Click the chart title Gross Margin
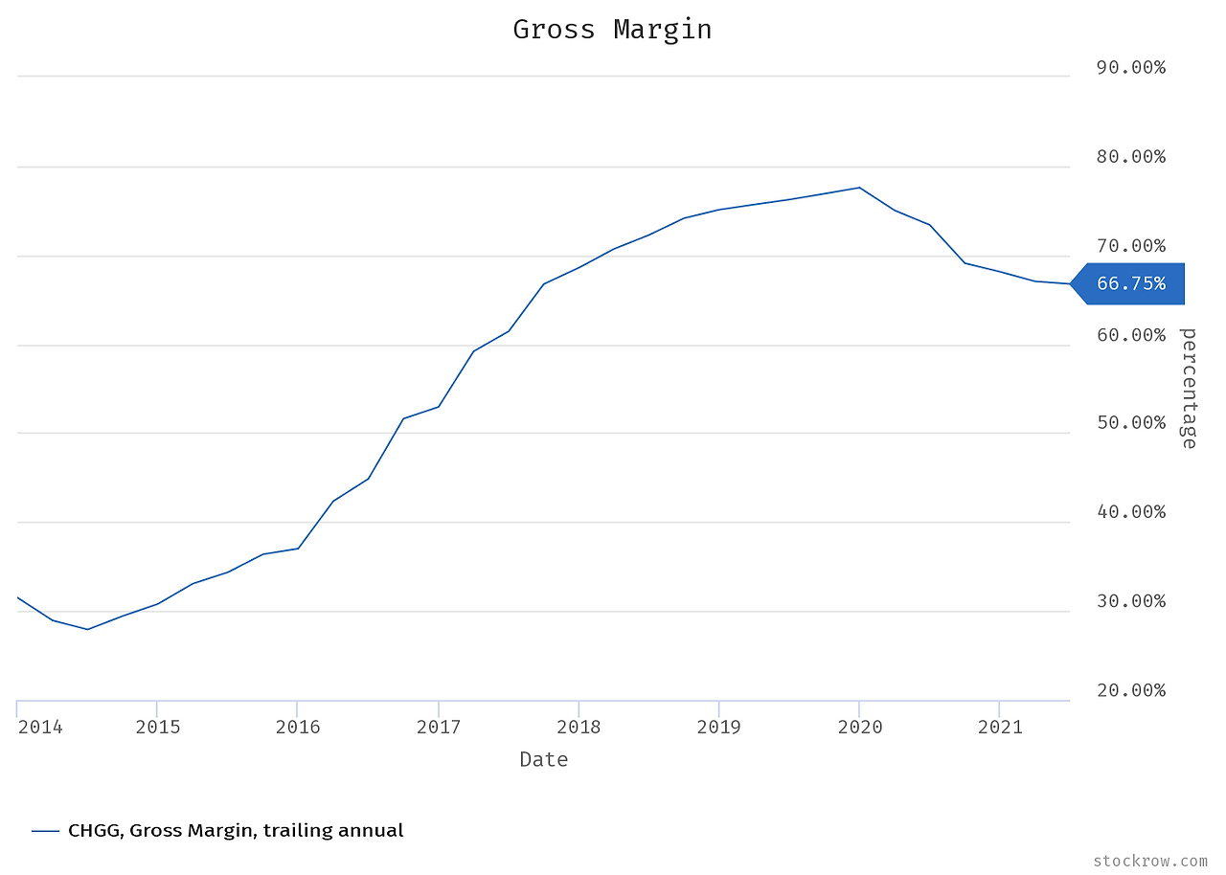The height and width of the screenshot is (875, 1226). click(x=612, y=30)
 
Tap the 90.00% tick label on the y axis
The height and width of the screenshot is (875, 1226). click(x=1130, y=67)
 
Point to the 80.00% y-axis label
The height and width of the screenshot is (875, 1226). click(x=1130, y=156)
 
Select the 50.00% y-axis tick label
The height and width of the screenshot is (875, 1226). click(x=1130, y=422)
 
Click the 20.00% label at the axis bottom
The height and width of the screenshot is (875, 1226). click(x=1130, y=690)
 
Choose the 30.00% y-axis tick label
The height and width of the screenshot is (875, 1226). click(x=1130, y=601)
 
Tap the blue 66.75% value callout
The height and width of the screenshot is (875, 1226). click(x=1131, y=283)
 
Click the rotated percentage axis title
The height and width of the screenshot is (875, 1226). click(x=1189, y=388)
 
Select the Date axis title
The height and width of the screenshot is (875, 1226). click(x=543, y=760)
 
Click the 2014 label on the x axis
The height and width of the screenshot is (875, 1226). click(x=40, y=727)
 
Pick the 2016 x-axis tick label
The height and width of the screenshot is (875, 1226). click(x=297, y=727)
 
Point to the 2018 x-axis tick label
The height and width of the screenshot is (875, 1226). click(x=578, y=727)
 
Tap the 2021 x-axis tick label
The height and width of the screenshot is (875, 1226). click(x=999, y=727)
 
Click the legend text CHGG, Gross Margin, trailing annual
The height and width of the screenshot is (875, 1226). click(x=236, y=831)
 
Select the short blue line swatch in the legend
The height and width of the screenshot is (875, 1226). click(x=45, y=831)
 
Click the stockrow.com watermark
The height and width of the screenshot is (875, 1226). click(x=1149, y=861)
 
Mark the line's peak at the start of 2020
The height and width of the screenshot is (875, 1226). click(x=859, y=188)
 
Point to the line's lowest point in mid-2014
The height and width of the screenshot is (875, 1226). click(x=87, y=629)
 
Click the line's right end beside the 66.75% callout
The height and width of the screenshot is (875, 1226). click(x=1069, y=283)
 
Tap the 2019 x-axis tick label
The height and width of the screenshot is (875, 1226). click(x=718, y=727)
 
